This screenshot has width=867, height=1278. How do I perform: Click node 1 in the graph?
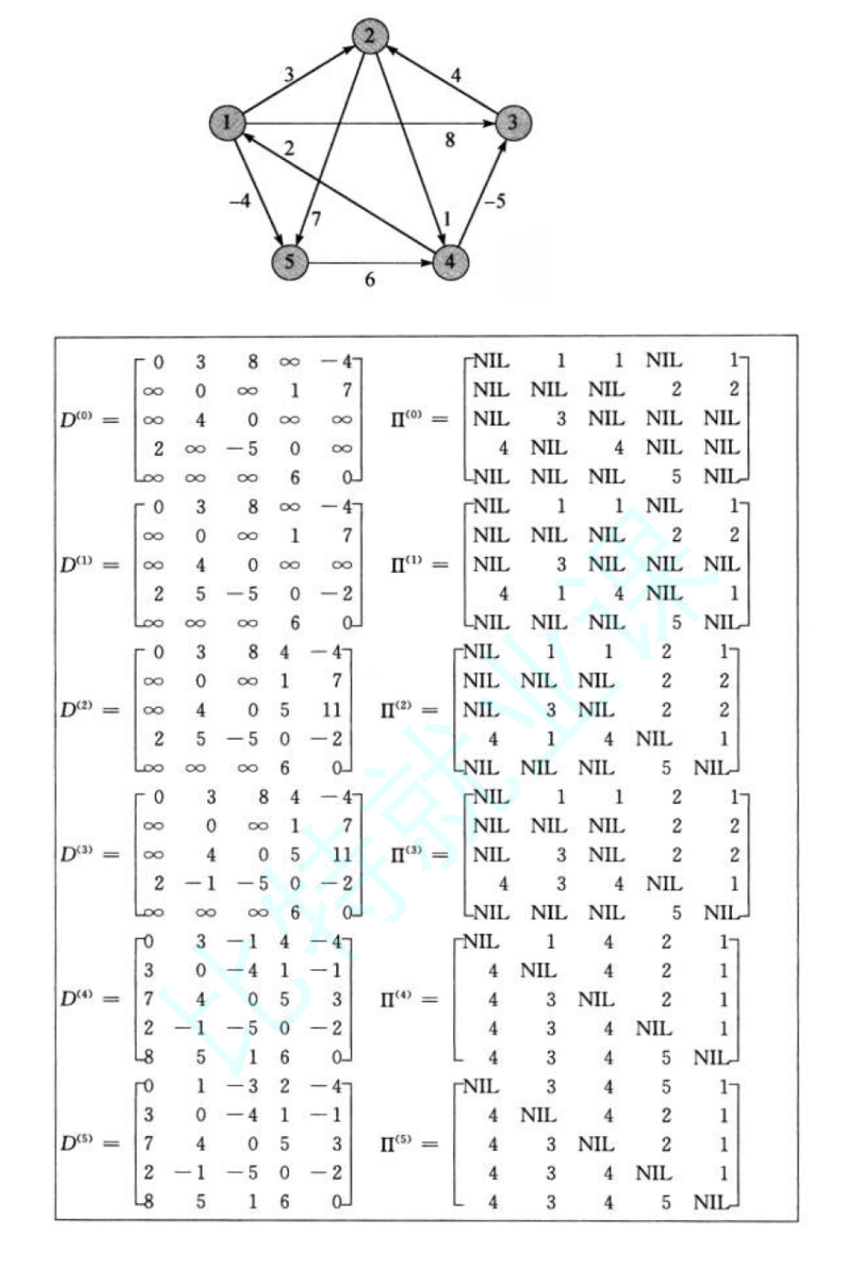(227, 122)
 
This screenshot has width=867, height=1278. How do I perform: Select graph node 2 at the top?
(370, 36)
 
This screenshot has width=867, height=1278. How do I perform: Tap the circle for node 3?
(513, 122)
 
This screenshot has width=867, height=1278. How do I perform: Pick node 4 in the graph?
(450, 261)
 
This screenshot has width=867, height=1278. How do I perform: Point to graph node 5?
(289, 261)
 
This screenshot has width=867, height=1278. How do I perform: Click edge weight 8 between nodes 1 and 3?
(450, 140)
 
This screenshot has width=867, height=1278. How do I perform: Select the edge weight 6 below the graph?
(370, 280)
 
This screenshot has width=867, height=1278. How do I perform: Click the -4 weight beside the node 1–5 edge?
(240, 201)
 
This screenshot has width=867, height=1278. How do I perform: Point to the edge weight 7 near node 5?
(316, 219)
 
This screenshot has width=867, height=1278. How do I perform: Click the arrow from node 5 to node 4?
(370, 262)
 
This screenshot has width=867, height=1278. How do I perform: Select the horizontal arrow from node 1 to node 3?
(370, 123)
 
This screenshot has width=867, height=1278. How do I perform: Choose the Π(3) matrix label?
(407, 855)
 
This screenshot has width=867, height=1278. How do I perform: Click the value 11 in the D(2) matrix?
(332, 710)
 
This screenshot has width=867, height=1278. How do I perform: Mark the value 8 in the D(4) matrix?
(148, 1057)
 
